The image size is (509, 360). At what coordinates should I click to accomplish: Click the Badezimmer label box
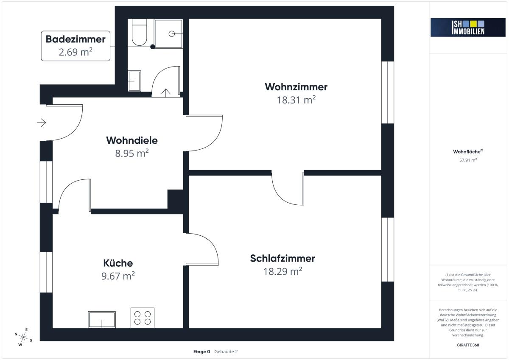tap(76, 46)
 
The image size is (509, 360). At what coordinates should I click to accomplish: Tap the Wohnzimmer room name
tap(296, 87)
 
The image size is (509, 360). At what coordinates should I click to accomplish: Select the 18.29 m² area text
tap(282, 271)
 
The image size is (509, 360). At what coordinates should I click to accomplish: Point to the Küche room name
tap(118, 263)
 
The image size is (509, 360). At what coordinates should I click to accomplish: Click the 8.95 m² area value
tap(132, 153)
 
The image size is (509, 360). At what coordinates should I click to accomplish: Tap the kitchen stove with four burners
tap(143, 318)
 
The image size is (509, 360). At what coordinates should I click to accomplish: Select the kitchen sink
tap(102, 320)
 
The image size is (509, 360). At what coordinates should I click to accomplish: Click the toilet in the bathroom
tap(139, 32)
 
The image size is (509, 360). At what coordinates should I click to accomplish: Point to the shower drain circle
tap(171, 34)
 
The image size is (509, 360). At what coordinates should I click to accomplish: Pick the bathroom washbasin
tap(134, 81)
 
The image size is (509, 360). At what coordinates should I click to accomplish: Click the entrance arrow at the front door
tap(42, 123)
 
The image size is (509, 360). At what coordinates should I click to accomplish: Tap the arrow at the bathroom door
tap(166, 93)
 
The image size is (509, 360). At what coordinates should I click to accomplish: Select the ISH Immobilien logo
tap(468, 28)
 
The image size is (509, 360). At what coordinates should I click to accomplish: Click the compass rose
tap(23, 337)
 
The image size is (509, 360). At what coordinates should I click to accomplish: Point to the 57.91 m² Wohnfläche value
tap(468, 160)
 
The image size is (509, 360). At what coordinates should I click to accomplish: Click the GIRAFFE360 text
tap(468, 345)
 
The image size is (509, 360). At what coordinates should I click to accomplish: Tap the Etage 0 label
tap(201, 352)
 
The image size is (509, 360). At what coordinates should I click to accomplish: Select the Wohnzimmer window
tap(388, 92)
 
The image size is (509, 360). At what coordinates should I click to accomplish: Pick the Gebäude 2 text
tap(226, 352)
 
